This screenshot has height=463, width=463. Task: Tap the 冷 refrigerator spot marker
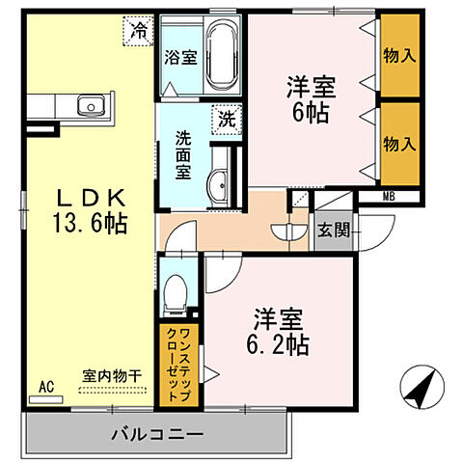point(141,30)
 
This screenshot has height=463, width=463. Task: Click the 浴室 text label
point(181,56)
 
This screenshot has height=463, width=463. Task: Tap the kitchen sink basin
point(90,104)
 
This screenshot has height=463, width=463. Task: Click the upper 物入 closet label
point(399,56)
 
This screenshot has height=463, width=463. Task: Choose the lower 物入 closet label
point(399,143)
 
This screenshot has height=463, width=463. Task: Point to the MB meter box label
point(389,198)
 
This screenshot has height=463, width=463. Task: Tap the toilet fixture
point(176,292)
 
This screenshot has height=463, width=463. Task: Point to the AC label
point(45,387)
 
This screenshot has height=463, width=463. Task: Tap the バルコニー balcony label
point(155,434)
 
